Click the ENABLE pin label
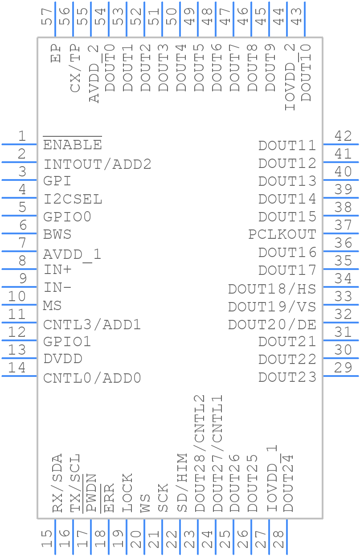pyautogui.click(x=72, y=145)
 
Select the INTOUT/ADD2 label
pyautogui.click(x=97, y=164)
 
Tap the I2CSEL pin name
pyautogui.click(x=73, y=199)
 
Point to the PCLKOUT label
pyautogui.click(x=282, y=234)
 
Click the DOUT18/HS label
pyautogui.click(x=272, y=289)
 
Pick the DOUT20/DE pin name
pyautogui.click(x=272, y=324)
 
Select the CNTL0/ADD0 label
pyautogui.click(x=92, y=378)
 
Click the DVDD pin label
pyautogui.click(x=63, y=359)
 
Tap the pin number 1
pyautogui.click(x=21, y=136)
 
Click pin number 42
pyautogui.click(x=343, y=136)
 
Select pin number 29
pyautogui.click(x=343, y=368)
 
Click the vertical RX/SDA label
pyautogui.click(x=57, y=483)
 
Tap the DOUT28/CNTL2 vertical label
pyautogui.click(x=200, y=454)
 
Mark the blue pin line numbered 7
pyautogui.click(x=19, y=251)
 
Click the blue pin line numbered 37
pyautogui.click(x=341, y=233)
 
